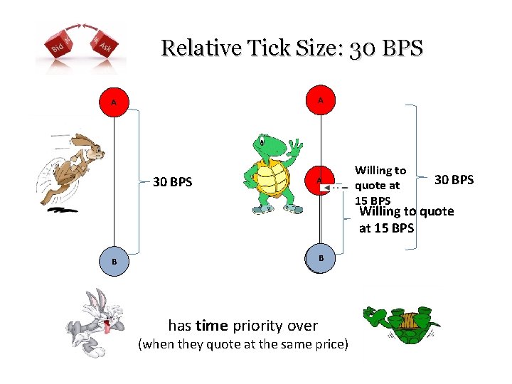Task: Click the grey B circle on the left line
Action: coord(114,261)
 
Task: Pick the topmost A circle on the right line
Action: coord(321,101)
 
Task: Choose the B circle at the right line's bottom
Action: coord(321,257)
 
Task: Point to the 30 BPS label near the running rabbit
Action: coord(173,182)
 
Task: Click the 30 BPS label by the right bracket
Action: coord(454,179)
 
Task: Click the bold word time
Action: coord(211,326)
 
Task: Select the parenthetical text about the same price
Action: coord(243,345)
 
